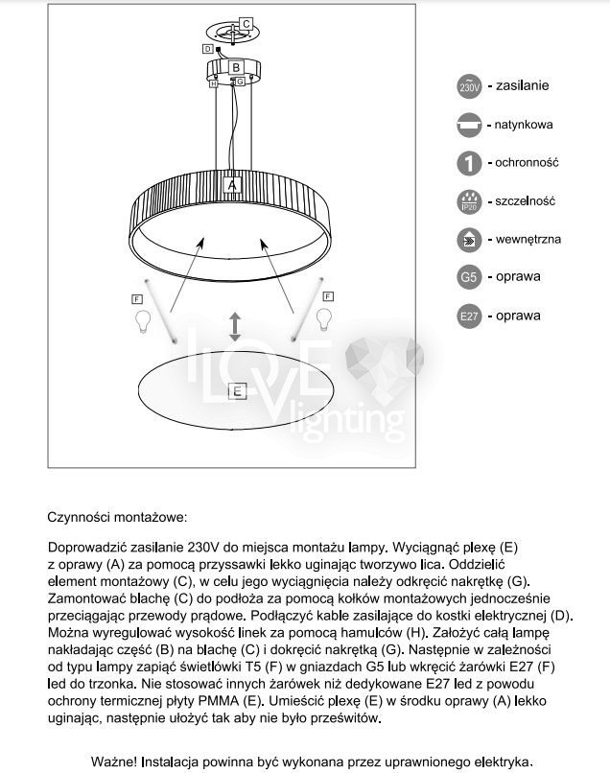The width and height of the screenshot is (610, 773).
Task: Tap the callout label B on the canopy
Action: pos(235,67)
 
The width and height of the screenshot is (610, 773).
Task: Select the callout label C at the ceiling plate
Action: pos(246,22)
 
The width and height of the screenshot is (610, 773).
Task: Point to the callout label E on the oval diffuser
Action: pos(237,390)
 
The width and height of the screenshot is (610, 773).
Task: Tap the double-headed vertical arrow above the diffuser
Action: pos(235,326)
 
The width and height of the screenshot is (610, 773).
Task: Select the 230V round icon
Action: pos(469,87)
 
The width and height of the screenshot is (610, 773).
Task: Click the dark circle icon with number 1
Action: pos(469,163)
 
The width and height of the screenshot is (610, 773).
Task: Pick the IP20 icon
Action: pos(469,202)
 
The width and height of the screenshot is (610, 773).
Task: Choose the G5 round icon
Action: pos(469,277)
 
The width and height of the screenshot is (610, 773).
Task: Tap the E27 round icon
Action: pos(469,316)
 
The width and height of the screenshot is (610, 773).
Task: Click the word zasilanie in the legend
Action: pos(522,86)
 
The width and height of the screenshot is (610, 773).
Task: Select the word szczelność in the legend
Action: pos(526,201)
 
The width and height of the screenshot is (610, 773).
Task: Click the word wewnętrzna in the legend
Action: pos(528,239)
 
